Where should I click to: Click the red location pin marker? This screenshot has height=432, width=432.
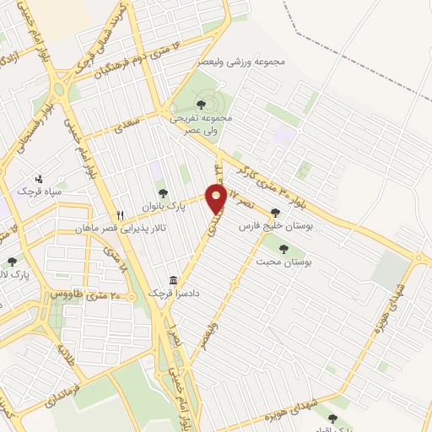217,198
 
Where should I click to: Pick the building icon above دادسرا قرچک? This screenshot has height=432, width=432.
174,279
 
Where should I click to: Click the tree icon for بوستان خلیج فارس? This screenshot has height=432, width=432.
275,213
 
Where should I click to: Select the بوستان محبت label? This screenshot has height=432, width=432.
283,262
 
